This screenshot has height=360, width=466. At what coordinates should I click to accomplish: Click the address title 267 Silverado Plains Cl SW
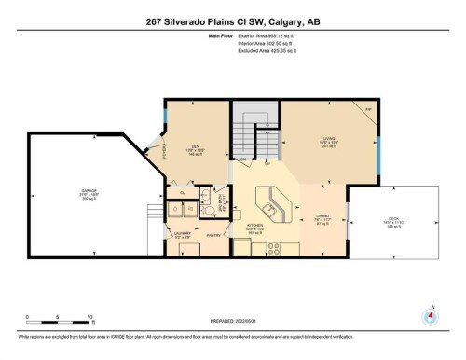pyautogui.click(x=232, y=21)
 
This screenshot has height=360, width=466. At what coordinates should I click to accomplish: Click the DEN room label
pyautogui.click(x=197, y=147)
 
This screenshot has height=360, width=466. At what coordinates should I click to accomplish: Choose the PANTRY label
pyautogui.click(x=213, y=236)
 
